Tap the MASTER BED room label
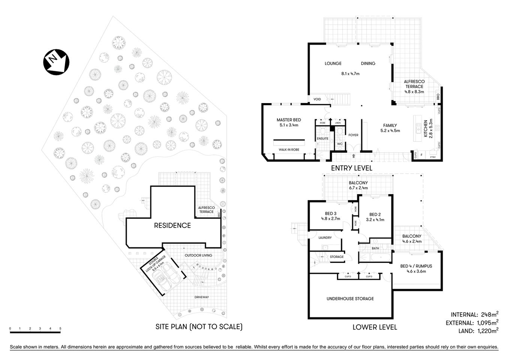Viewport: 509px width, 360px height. [x=289, y=120]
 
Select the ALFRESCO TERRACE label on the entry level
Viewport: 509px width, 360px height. [x=414, y=84]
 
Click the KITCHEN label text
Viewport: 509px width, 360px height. [x=425, y=129]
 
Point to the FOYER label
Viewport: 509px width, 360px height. [x=353, y=135]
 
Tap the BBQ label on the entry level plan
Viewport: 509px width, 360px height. [x=438, y=96]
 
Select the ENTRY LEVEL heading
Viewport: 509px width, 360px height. [x=351, y=168]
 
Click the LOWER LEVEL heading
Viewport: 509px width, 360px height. [x=374, y=327]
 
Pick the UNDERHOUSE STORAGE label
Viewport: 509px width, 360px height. [x=350, y=299]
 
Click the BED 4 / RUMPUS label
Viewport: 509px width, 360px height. [x=416, y=266]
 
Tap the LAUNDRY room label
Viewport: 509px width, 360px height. [x=325, y=238]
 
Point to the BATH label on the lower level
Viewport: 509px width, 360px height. [x=375, y=248]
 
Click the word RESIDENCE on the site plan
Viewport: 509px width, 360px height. [x=172, y=225]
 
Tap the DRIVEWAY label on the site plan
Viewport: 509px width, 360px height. [x=202, y=297]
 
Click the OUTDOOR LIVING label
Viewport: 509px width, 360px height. [x=198, y=255]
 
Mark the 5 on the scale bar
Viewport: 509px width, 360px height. [x=60, y=328]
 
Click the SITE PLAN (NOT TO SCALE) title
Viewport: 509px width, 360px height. [x=199, y=327]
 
